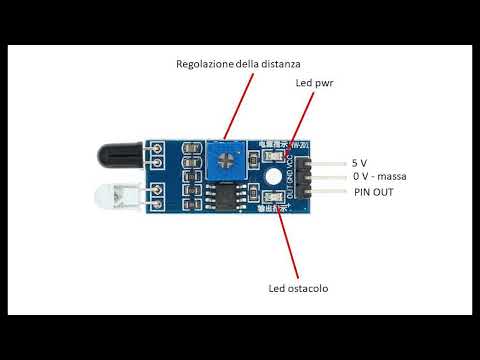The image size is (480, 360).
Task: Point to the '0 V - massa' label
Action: (378, 177)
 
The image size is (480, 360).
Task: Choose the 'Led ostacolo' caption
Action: (297, 289)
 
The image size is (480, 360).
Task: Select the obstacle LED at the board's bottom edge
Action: (272, 207)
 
